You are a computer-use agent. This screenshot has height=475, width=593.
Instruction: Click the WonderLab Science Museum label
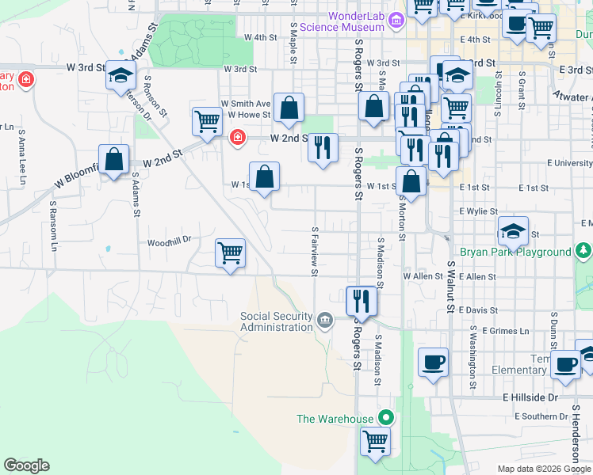click(x=357, y=21)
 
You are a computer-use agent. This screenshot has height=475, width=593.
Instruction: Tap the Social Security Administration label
click(x=277, y=321)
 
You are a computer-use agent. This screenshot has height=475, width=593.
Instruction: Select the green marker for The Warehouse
click(x=385, y=417)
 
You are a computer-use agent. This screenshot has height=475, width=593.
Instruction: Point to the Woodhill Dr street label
click(x=170, y=242)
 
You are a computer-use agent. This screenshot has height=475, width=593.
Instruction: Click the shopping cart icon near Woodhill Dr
click(x=230, y=253)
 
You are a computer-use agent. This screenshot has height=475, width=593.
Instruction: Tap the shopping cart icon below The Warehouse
click(x=375, y=440)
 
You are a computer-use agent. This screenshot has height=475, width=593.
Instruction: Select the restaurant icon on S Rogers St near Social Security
click(x=362, y=300)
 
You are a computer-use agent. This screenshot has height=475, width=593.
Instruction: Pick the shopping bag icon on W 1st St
click(x=265, y=176)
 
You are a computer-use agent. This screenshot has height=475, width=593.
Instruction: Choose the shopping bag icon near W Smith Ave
click(x=289, y=107)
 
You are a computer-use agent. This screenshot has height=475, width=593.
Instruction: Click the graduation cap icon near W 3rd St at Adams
click(x=121, y=74)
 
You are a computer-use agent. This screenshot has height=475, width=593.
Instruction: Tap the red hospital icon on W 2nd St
click(x=236, y=139)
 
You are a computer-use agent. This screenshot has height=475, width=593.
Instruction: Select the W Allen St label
click(x=422, y=276)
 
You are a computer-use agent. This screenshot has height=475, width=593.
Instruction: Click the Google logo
click(x=26, y=465)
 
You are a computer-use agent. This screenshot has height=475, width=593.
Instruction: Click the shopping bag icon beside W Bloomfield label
click(x=114, y=158)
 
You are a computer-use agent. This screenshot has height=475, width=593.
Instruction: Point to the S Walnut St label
click(x=451, y=288)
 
